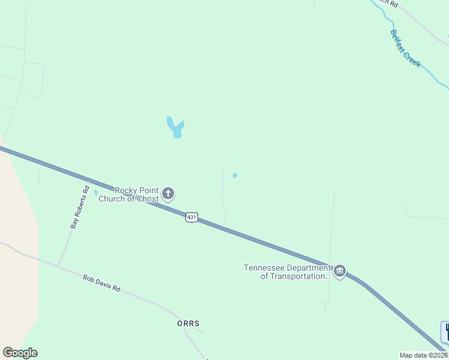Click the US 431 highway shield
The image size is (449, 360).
pyautogui.click(x=191, y=217)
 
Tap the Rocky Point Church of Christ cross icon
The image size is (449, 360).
pyautogui.click(x=168, y=194)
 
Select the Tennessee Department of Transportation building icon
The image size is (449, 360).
pyautogui.click(x=340, y=272)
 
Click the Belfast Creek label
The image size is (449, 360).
pyautogui.click(x=406, y=49)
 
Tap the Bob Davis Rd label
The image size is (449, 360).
pyautogui.click(x=101, y=283)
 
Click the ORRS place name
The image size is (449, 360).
pyautogui.click(x=188, y=323)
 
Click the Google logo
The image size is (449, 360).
pyautogui.click(x=20, y=353)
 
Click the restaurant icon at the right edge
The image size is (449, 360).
pyautogui.click(x=445, y=332)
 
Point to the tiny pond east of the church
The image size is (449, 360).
pyautogui.click(x=235, y=176)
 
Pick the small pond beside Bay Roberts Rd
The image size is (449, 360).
pyautogui.click(x=96, y=193)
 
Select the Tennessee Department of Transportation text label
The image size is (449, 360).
pyautogui.click(x=287, y=272)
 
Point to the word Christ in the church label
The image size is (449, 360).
pyautogui.click(x=147, y=199)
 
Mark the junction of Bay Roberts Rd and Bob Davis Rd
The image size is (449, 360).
pyautogui.click(x=58, y=266)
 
